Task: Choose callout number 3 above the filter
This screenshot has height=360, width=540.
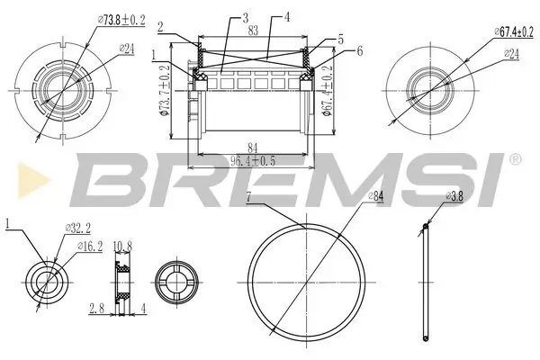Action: click(244, 18)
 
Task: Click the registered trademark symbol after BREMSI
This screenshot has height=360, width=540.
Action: click(515, 159)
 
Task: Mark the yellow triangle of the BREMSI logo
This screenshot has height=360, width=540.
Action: click(13, 177)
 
